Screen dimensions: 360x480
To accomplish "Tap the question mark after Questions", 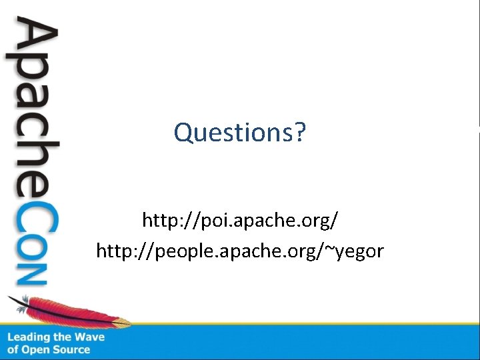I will click(299, 133).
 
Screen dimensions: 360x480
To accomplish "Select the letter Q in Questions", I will click(183, 133).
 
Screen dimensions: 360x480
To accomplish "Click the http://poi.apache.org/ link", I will click(239, 219).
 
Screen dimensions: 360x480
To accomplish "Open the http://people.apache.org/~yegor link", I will click(239, 251).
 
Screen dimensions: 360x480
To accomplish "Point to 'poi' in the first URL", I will click(200, 219).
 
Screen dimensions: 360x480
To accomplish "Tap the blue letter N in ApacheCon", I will click(33, 274).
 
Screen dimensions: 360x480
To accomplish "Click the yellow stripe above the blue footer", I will click(300, 324).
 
